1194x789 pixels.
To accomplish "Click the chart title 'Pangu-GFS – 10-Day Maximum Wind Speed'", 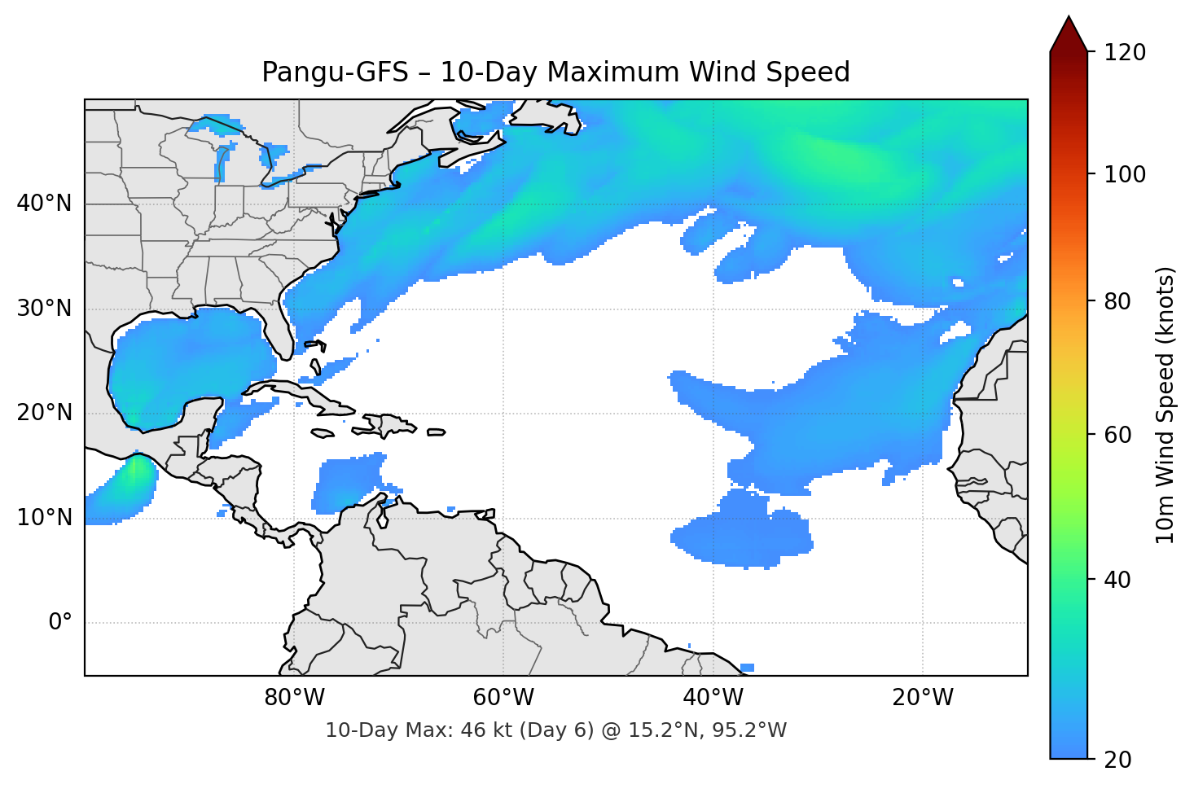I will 555,72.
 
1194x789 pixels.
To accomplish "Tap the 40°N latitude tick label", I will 44,204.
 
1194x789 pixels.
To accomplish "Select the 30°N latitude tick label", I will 44,309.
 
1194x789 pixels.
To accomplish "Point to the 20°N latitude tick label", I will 44,413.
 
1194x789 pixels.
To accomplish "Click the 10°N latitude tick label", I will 44,518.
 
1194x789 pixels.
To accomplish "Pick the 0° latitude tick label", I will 60,623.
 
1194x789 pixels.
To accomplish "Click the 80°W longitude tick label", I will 294,698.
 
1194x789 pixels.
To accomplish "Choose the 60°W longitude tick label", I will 503,698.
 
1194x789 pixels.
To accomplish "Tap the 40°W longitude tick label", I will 713,698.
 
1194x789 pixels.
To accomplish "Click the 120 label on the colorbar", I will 1124,53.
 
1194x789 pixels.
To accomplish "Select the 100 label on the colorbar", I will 1124,174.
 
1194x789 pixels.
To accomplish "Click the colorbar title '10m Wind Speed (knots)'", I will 1165,405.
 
